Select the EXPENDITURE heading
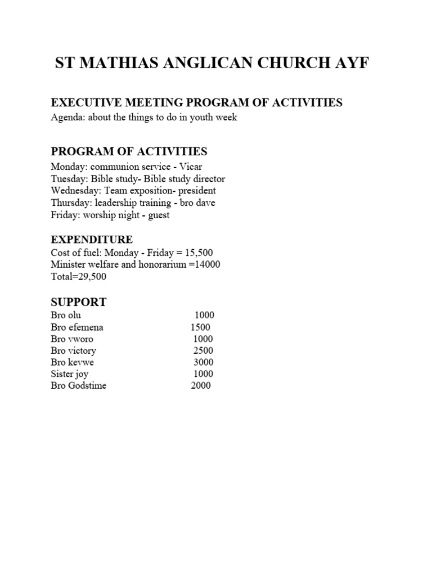tap(92, 240)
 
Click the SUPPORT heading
tap(78, 302)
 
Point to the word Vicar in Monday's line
tap(191, 167)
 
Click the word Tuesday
tap(67, 179)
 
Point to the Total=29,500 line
tap(78, 276)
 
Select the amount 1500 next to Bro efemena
tap(200, 327)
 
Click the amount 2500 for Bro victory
tap(203, 350)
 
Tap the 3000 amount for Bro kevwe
tap(204, 362)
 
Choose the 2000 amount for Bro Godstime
tap(201, 385)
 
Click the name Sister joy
tap(69, 374)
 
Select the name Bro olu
tap(66, 316)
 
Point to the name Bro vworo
tap(72, 339)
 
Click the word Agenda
tap(65, 118)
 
